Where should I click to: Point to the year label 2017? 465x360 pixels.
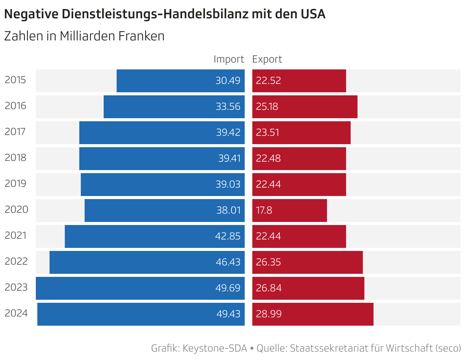[x=15, y=132]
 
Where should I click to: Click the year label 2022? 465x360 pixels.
[x=16, y=262]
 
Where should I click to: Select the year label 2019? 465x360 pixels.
[x=15, y=184]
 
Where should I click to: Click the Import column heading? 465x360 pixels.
[x=229, y=59]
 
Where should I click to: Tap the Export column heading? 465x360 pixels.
[x=267, y=59]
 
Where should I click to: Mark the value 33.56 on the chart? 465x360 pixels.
[x=228, y=107]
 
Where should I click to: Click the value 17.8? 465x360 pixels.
[x=264, y=211]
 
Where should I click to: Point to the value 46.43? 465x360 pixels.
[x=228, y=262]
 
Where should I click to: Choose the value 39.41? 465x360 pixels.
[x=229, y=159]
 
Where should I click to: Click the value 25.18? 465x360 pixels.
[x=267, y=107]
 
